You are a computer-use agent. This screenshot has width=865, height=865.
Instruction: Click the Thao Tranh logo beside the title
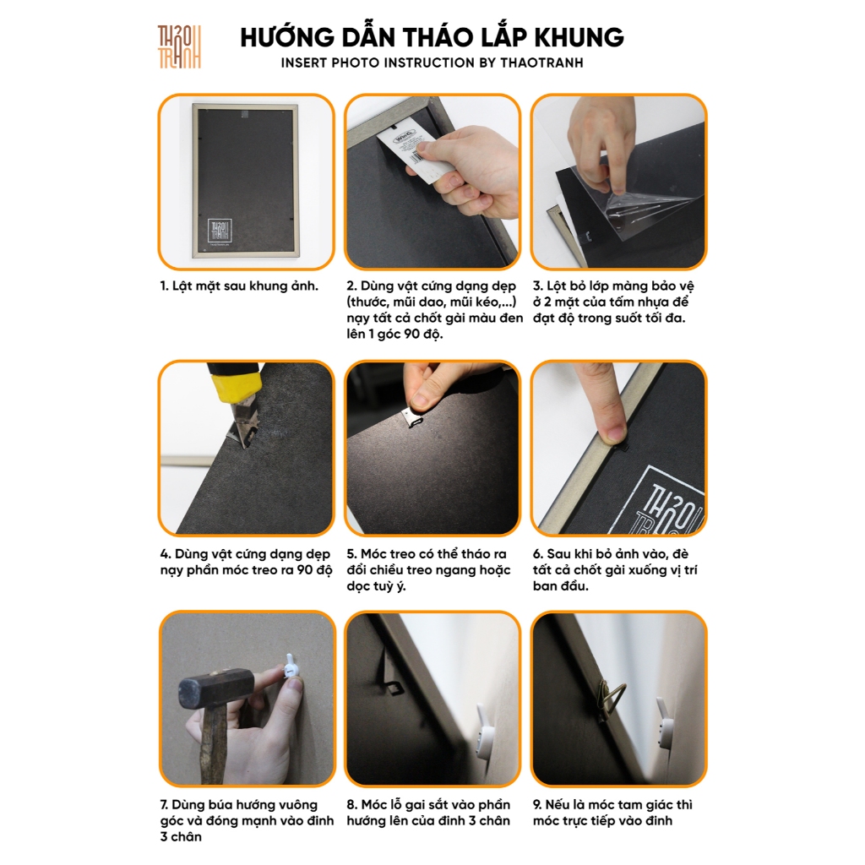click(179, 47)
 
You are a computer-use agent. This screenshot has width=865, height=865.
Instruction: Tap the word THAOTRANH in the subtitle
click(541, 63)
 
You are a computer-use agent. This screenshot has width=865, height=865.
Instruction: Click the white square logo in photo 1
click(219, 231)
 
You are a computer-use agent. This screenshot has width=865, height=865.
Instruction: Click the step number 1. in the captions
click(165, 286)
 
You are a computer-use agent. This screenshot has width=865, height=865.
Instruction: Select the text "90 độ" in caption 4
click(314, 570)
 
